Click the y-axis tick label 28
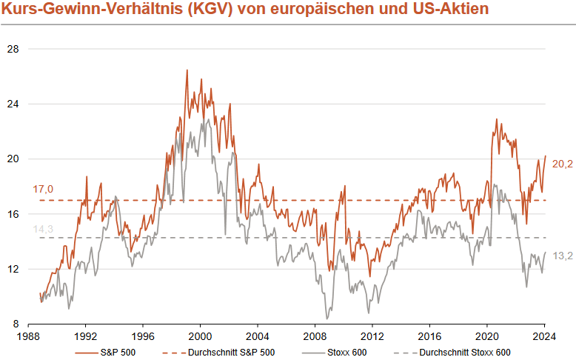pyautogui.click(x=13, y=49)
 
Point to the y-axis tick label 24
pyautogui.click(x=13, y=104)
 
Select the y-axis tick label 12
pyautogui.click(x=13, y=269)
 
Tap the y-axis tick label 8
pyautogui.click(x=16, y=324)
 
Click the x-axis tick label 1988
pyautogui.click(x=29, y=335)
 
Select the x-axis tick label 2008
pyautogui.click(x=315, y=335)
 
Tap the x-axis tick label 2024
pyautogui.click(x=544, y=335)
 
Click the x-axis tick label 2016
pyautogui.click(x=429, y=335)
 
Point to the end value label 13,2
pyautogui.click(x=563, y=256)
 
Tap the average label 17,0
pyautogui.click(x=43, y=190)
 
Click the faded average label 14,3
pyautogui.click(x=43, y=229)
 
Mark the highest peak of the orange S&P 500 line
pyautogui.click(x=187, y=70)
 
